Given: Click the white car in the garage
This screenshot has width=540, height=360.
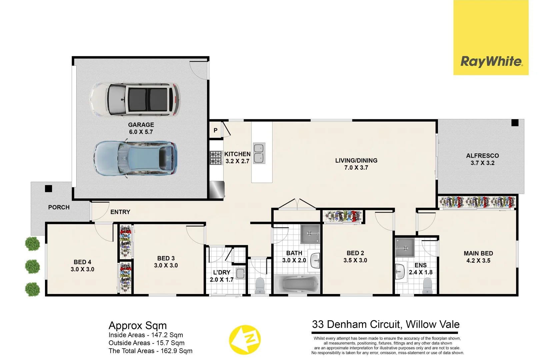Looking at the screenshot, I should tap(135, 100).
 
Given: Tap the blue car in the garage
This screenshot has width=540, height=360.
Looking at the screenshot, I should tap(135, 158).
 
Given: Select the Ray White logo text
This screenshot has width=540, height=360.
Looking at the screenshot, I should tap(491, 62).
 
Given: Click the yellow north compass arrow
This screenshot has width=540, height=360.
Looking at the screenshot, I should tap(245, 340).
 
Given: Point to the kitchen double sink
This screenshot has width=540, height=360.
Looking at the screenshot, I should tap(259, 153).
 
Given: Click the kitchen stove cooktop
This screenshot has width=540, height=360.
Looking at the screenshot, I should tap(215, 158).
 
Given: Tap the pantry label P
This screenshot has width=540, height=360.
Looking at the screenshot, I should tap(215, 130).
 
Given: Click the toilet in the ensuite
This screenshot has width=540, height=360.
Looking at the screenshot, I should tap(427, 286).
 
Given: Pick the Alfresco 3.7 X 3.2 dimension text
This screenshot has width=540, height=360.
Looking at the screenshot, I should tap(482, 163).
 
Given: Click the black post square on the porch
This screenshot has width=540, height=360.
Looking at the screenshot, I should tap(49, 189).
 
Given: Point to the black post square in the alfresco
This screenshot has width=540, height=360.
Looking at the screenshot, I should tap(515, 123).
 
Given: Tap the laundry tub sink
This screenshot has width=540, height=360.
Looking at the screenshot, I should tap(240, 274).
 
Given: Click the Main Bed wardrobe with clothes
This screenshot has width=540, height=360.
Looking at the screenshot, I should tap(477, 202).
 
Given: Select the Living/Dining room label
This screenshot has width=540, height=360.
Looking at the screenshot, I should tap(356, 160).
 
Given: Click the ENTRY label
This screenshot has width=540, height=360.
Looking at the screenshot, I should tap(120, 212).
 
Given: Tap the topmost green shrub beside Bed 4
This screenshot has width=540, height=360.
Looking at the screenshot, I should tap(32, 244).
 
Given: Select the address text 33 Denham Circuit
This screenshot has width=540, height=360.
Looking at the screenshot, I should tap(357, 324).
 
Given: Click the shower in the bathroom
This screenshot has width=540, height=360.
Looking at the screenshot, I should tap(310, 234).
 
